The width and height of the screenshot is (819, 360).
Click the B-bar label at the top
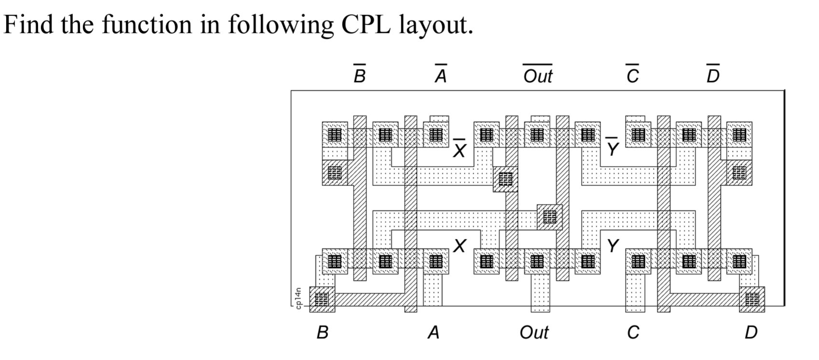pyautogui.click(x=359, y=75)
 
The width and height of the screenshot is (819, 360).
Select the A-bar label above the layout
pyautogui.click(x=440, y=75)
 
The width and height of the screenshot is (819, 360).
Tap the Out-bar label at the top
pyautogui.click(x=538, y=75)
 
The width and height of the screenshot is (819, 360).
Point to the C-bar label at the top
pyautogui.click(x=632, y=75)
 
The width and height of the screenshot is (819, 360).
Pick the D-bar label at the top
pyautogui.click(x=713, y=75)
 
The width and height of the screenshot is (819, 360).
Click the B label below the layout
pyautogui.click(x=322, y=332)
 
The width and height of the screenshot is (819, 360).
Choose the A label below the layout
pyautogui.click(x=434, y=332)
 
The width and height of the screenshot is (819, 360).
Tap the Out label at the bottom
pyautogui.click(x=534, y=332)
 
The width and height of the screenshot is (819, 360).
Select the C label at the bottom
pyautogui.click(x=633, y=332)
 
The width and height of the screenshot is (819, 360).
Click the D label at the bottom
pyautogui.click(x=751, y=332)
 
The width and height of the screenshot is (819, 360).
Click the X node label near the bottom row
pyautogui.click(x=460, y=246)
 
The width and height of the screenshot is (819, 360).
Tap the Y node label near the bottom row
pyautogui.click(x=613, y=246)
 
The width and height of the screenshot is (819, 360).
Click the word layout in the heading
pyautogui.click(x=436, y=25)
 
